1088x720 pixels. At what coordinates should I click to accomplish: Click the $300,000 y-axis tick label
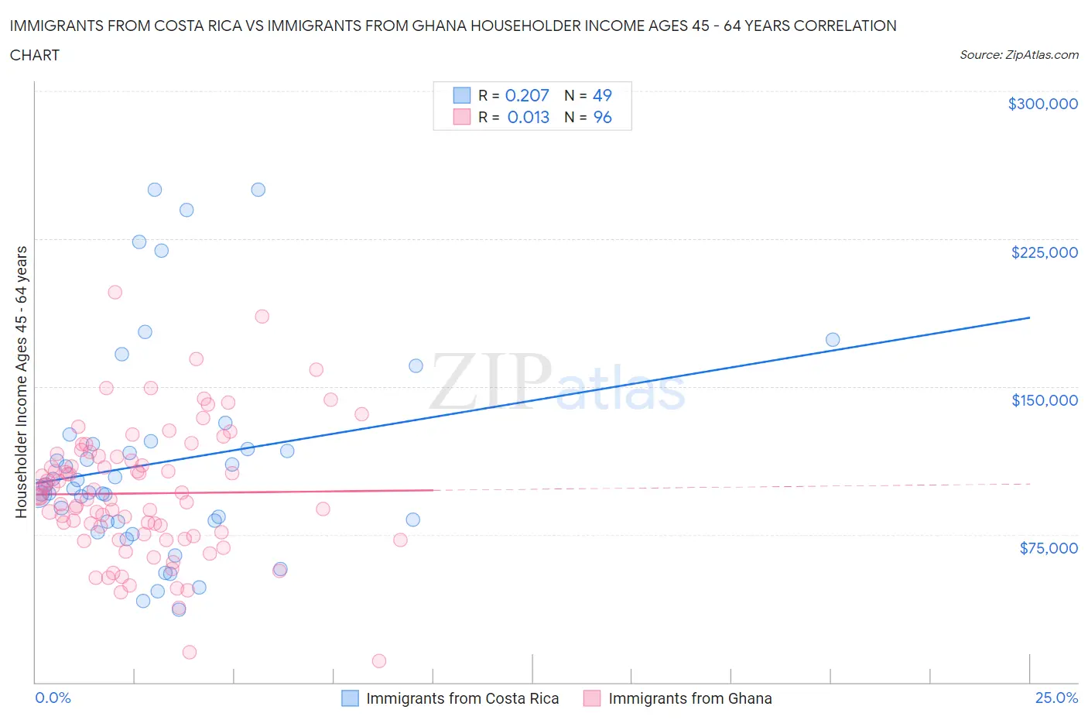[x=1042, y=104]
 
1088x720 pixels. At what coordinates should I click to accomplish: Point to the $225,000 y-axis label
[x=1044, y=252]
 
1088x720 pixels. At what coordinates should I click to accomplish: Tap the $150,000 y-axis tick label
[x=1044, y=400]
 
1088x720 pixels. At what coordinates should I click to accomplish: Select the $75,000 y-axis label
[x=1049, y=548]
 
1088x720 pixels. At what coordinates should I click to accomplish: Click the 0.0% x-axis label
[x=53, y=698]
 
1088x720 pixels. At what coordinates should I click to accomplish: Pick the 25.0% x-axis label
[x=1056, y=698]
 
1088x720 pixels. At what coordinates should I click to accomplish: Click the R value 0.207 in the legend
[x=527, y=95]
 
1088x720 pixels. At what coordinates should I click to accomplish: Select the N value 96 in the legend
[x=602, y=117]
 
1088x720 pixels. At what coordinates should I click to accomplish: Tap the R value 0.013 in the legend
[x=529, y=117]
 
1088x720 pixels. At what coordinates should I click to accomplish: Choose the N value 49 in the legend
[x=602, y=95]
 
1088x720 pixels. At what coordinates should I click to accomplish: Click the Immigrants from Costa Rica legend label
[x=462, y=698]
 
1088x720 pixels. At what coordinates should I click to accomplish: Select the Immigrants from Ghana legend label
[x=689, y=698]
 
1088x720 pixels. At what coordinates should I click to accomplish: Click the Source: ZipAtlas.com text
[x=1018, y=54]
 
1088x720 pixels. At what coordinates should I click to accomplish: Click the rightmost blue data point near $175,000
[x=833, y=339]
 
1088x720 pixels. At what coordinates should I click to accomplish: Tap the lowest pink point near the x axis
[x=379, y=660]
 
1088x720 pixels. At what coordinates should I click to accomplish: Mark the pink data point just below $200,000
[x=115, y=292]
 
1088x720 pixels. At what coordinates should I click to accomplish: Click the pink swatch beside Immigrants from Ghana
[x=592, y=698]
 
